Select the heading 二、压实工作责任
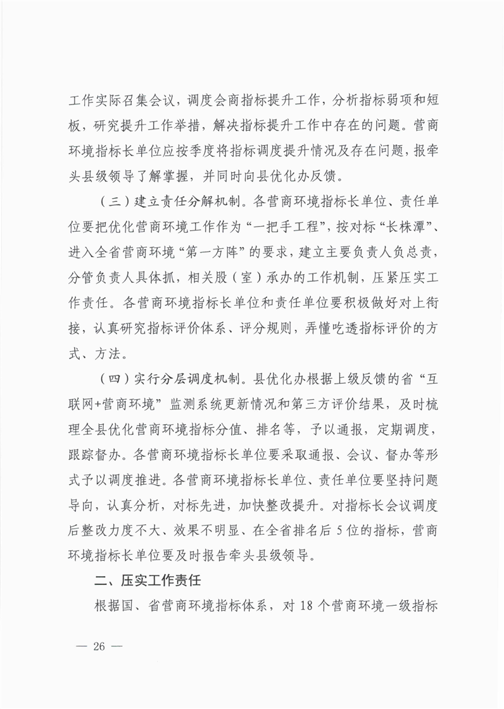tap(147, 580)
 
